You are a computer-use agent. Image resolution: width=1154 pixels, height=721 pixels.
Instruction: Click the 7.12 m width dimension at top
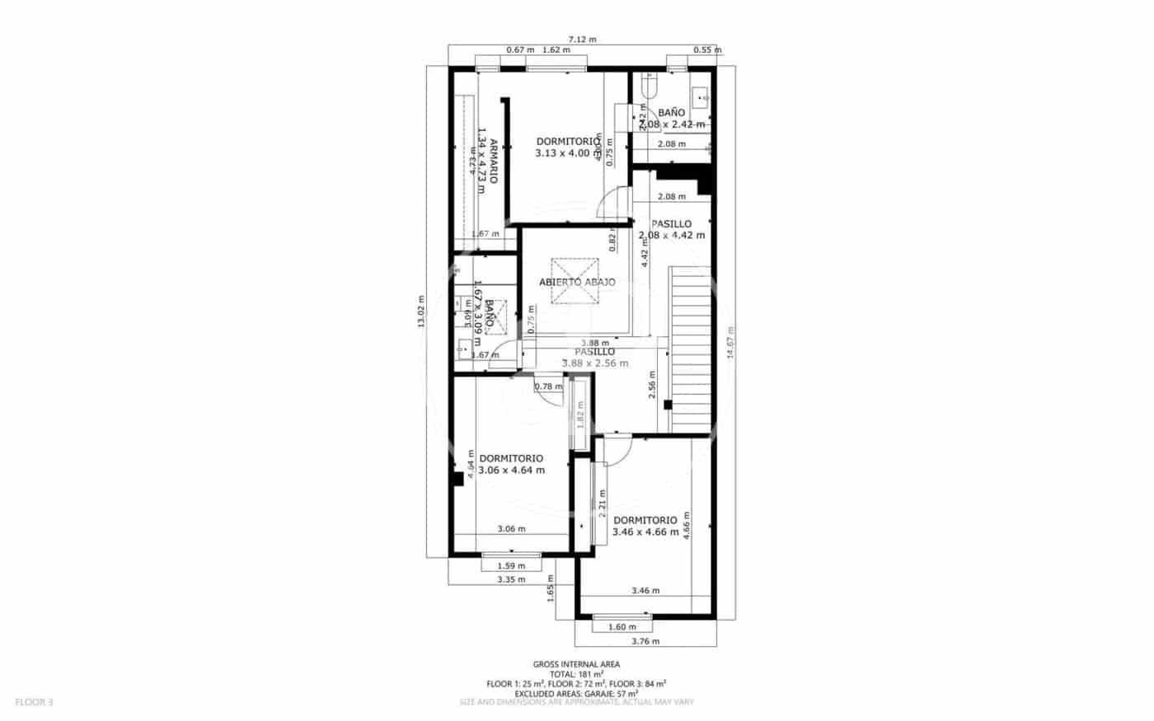[582, 39]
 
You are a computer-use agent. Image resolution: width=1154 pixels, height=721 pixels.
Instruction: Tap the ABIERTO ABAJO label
[577, 282]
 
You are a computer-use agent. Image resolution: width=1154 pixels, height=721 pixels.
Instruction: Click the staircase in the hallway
[691, 346]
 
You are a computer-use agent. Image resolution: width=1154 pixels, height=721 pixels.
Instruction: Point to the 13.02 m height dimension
[421, 311]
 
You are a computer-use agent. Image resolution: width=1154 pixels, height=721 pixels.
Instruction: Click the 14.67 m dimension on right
[728, 342]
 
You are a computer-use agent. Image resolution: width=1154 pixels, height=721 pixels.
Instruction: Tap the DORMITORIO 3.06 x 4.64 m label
[511, 464]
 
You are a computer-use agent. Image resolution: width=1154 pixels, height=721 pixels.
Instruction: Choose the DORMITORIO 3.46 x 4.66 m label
[645, 526]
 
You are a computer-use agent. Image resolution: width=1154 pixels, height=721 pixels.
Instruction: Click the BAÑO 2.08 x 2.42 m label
[672, 118]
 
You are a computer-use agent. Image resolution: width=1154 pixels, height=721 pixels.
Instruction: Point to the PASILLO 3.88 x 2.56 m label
[594, 357]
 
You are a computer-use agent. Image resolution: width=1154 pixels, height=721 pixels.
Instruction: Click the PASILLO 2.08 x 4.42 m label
[672, 229]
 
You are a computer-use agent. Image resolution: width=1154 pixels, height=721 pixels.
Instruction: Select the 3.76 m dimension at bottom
[645, 641]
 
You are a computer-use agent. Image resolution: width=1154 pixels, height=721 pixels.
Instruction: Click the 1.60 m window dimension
[622, 627]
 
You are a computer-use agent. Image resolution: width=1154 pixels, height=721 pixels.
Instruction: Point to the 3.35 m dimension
[511, 579]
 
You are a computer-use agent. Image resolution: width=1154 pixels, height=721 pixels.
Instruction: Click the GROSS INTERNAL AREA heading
[576, 664]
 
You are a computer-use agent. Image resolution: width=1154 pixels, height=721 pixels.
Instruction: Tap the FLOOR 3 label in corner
[35, 702]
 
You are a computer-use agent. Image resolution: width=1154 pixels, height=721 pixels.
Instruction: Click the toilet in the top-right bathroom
[648, 86]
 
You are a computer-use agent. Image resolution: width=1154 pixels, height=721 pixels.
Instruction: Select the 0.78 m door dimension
[547, 386]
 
